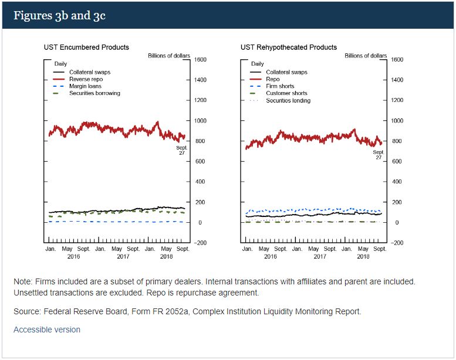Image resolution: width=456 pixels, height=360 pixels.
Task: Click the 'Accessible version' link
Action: [x=47, y=330]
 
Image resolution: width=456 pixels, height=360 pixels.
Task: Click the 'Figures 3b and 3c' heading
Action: [x=59, y=15]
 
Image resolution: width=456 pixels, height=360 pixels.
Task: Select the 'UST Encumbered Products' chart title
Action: [x=86, y=47]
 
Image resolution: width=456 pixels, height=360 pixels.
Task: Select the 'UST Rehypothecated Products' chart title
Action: [x=289, y=47]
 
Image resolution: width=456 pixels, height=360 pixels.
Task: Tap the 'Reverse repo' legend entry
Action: [x=86, y=79]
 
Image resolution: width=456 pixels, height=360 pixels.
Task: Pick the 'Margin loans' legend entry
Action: [x=86, y=86]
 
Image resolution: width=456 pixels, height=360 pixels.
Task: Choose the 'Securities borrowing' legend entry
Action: [x=94, y=93]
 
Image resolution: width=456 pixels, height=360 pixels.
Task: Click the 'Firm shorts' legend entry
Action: [x=280, y=86]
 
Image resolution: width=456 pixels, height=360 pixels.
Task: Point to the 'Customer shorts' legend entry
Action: [x=286, y=93]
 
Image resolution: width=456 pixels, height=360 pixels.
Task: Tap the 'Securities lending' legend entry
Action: [x=288, y=100]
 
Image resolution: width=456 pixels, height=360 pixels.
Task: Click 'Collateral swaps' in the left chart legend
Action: [x=90, y=72]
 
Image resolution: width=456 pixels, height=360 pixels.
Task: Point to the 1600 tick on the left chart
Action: [x=200, y=59]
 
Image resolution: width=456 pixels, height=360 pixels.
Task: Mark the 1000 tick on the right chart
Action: [x=397, y=121]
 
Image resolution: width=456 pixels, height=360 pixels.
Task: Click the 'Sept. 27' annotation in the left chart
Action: [x=181, y=150]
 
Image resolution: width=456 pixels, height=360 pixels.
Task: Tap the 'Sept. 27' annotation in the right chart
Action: [x=379, y=155]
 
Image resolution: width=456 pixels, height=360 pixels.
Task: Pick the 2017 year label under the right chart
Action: [x=320, y=256]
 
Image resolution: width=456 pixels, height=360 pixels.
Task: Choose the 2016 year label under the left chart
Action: [x=73, y=256]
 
